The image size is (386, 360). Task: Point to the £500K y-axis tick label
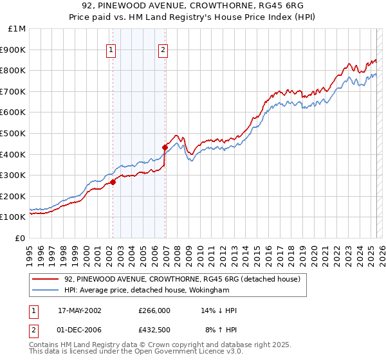pos(14,133)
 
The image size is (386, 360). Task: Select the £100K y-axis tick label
pos(14,217)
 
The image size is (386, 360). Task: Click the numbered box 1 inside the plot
pos(111,50)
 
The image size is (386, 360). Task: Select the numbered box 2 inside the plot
pos(163,50)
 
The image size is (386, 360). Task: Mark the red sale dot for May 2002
pos(113,182)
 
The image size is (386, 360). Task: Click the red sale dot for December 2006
pos(165,147)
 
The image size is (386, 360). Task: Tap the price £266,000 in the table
pos(154,310)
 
